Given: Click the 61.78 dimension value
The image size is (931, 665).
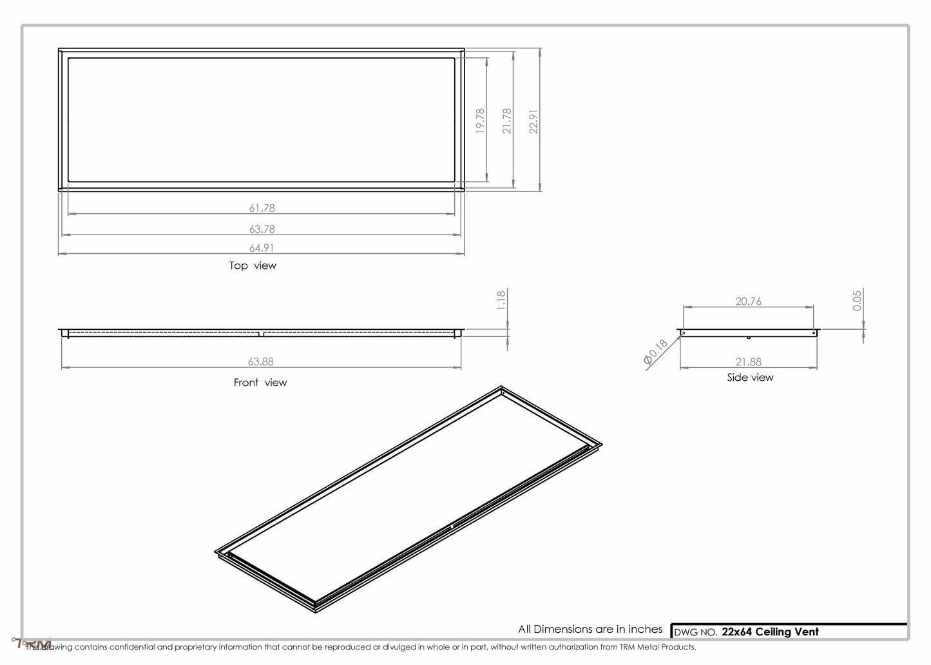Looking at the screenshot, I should (x=262, y=208).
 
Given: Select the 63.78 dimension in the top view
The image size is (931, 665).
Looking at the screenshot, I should (x=262, y=229).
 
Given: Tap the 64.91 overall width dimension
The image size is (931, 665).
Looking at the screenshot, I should (x=262, y=247).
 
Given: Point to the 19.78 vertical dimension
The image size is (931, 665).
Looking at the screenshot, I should (x=480, y=120).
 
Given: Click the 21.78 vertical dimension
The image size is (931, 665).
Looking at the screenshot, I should (x=507, y=120).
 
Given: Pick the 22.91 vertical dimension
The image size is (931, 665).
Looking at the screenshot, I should (x=533, y=120).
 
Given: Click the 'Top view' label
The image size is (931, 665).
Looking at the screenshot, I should (x=253, y=265).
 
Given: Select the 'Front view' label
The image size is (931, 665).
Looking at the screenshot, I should (x=260, y=383).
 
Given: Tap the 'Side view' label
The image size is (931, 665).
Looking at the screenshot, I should (x=750, y=378).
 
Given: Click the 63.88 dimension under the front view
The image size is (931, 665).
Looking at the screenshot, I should (x=262, y=362).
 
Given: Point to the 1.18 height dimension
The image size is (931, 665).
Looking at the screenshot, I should (x=502, y=300).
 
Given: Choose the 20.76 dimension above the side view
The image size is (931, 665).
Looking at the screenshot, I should (x=748, y=301).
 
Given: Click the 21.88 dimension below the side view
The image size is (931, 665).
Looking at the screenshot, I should (x=748, y=362).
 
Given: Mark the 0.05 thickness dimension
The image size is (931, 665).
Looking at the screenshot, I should (x=857, y=300).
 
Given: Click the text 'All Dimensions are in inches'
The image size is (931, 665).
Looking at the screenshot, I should (x=590, y=629).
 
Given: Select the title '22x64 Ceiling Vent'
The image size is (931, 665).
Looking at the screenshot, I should (x=770, y=631).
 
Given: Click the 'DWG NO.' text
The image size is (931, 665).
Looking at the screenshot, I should (x=695, y=632).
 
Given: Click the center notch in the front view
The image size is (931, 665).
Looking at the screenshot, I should (x=262, y=334).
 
